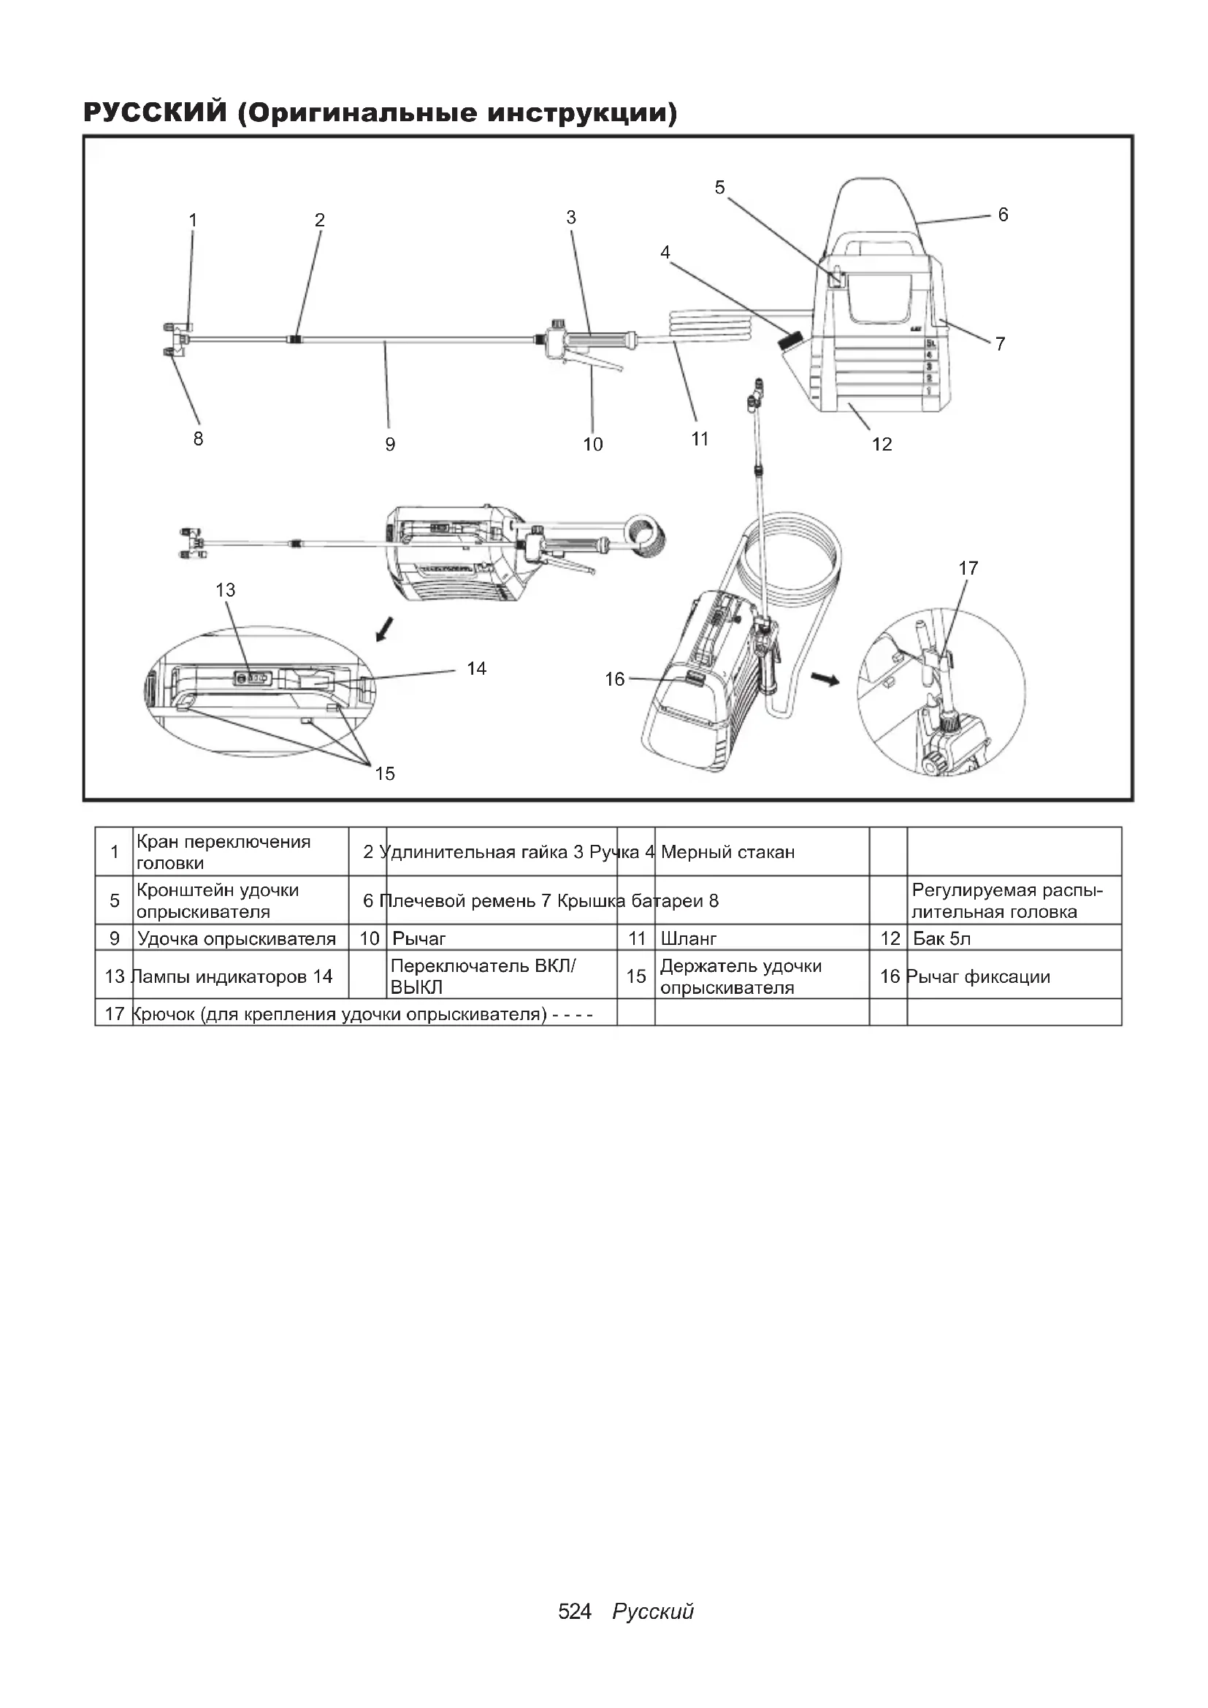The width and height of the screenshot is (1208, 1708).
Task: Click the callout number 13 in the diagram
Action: pyautogui.click(x=226, y=590)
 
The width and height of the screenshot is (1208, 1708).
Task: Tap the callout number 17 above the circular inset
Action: pyautogui.click(x=968, y=568)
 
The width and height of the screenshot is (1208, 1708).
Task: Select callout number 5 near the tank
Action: pyautogui.click(x=719, y=188)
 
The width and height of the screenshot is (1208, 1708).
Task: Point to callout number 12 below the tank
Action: pyautogui.click(x=882, y=444)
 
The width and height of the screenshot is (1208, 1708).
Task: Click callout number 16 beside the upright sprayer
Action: pyautogui.click(x=614, y=679)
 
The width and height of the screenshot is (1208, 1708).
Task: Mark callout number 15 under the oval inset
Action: pyautogui.click(x=385, y=773)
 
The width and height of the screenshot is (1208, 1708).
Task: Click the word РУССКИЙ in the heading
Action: pyautogui.click(x=155, y=113)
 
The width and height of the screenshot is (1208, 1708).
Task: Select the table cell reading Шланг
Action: pyautogui.click(x=689, y=939)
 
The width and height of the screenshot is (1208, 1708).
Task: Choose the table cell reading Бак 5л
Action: pyautogui.click(x=941, y=939)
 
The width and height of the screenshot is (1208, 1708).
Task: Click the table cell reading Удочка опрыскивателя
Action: pyautogui.click(x=237, y=939)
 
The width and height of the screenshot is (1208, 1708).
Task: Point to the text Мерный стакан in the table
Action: pyautogui.click(x=727, y=852)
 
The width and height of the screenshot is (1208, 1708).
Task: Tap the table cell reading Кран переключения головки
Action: pyautogui.click(x=223, y=852)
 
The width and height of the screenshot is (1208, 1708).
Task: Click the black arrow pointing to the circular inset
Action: pyautogui.click(x=824, y=678)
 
